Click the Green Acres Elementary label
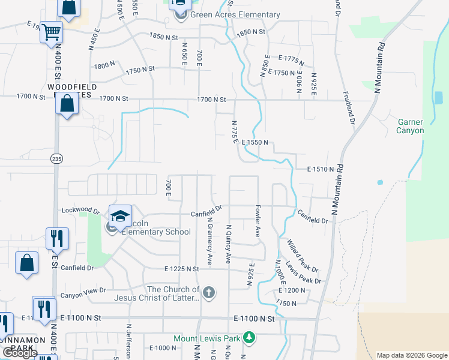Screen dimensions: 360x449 235,14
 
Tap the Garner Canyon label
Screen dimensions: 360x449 411,126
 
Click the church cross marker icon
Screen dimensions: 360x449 208,293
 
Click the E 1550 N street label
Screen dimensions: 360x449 258,143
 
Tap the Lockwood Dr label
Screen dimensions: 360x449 80,211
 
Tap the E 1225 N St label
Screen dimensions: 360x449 184,269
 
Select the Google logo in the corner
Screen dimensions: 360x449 20,353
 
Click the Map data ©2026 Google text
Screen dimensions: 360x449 412,355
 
